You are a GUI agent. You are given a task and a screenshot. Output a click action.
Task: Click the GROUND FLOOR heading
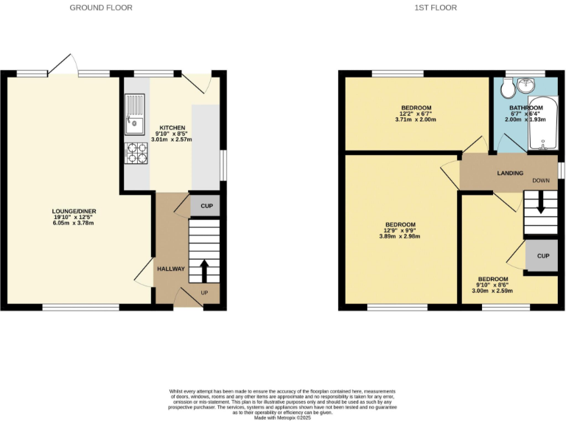tap(101, 8)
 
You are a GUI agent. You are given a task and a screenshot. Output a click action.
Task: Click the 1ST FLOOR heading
tap(436, 8)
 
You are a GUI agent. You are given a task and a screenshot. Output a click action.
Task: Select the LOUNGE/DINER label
tap(74, 211)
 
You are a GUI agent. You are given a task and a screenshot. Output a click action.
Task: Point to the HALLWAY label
tap(170, 269)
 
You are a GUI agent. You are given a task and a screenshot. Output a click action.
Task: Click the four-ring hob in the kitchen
tap(136, 153)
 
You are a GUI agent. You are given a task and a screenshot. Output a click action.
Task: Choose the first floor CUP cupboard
tap(542, 256)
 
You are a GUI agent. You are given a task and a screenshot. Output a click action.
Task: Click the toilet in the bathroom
tap(506, 90)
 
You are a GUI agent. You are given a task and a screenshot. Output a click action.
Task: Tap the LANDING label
tap(510, 173)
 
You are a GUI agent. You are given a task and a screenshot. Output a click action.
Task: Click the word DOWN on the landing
tap(541, 180)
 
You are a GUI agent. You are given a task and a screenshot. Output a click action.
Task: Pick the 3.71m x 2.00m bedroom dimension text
tap(416, 120)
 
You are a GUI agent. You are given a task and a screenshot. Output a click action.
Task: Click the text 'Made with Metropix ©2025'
tap(282, 418)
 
